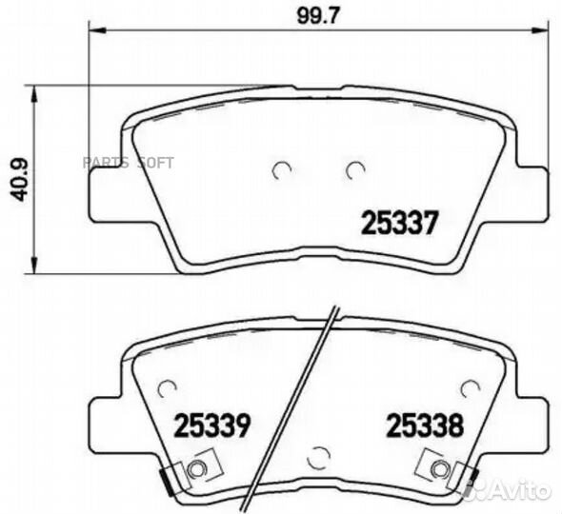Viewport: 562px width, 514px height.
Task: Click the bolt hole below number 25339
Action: coord(198,469)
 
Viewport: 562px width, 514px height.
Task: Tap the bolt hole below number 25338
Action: coord(439,469)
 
